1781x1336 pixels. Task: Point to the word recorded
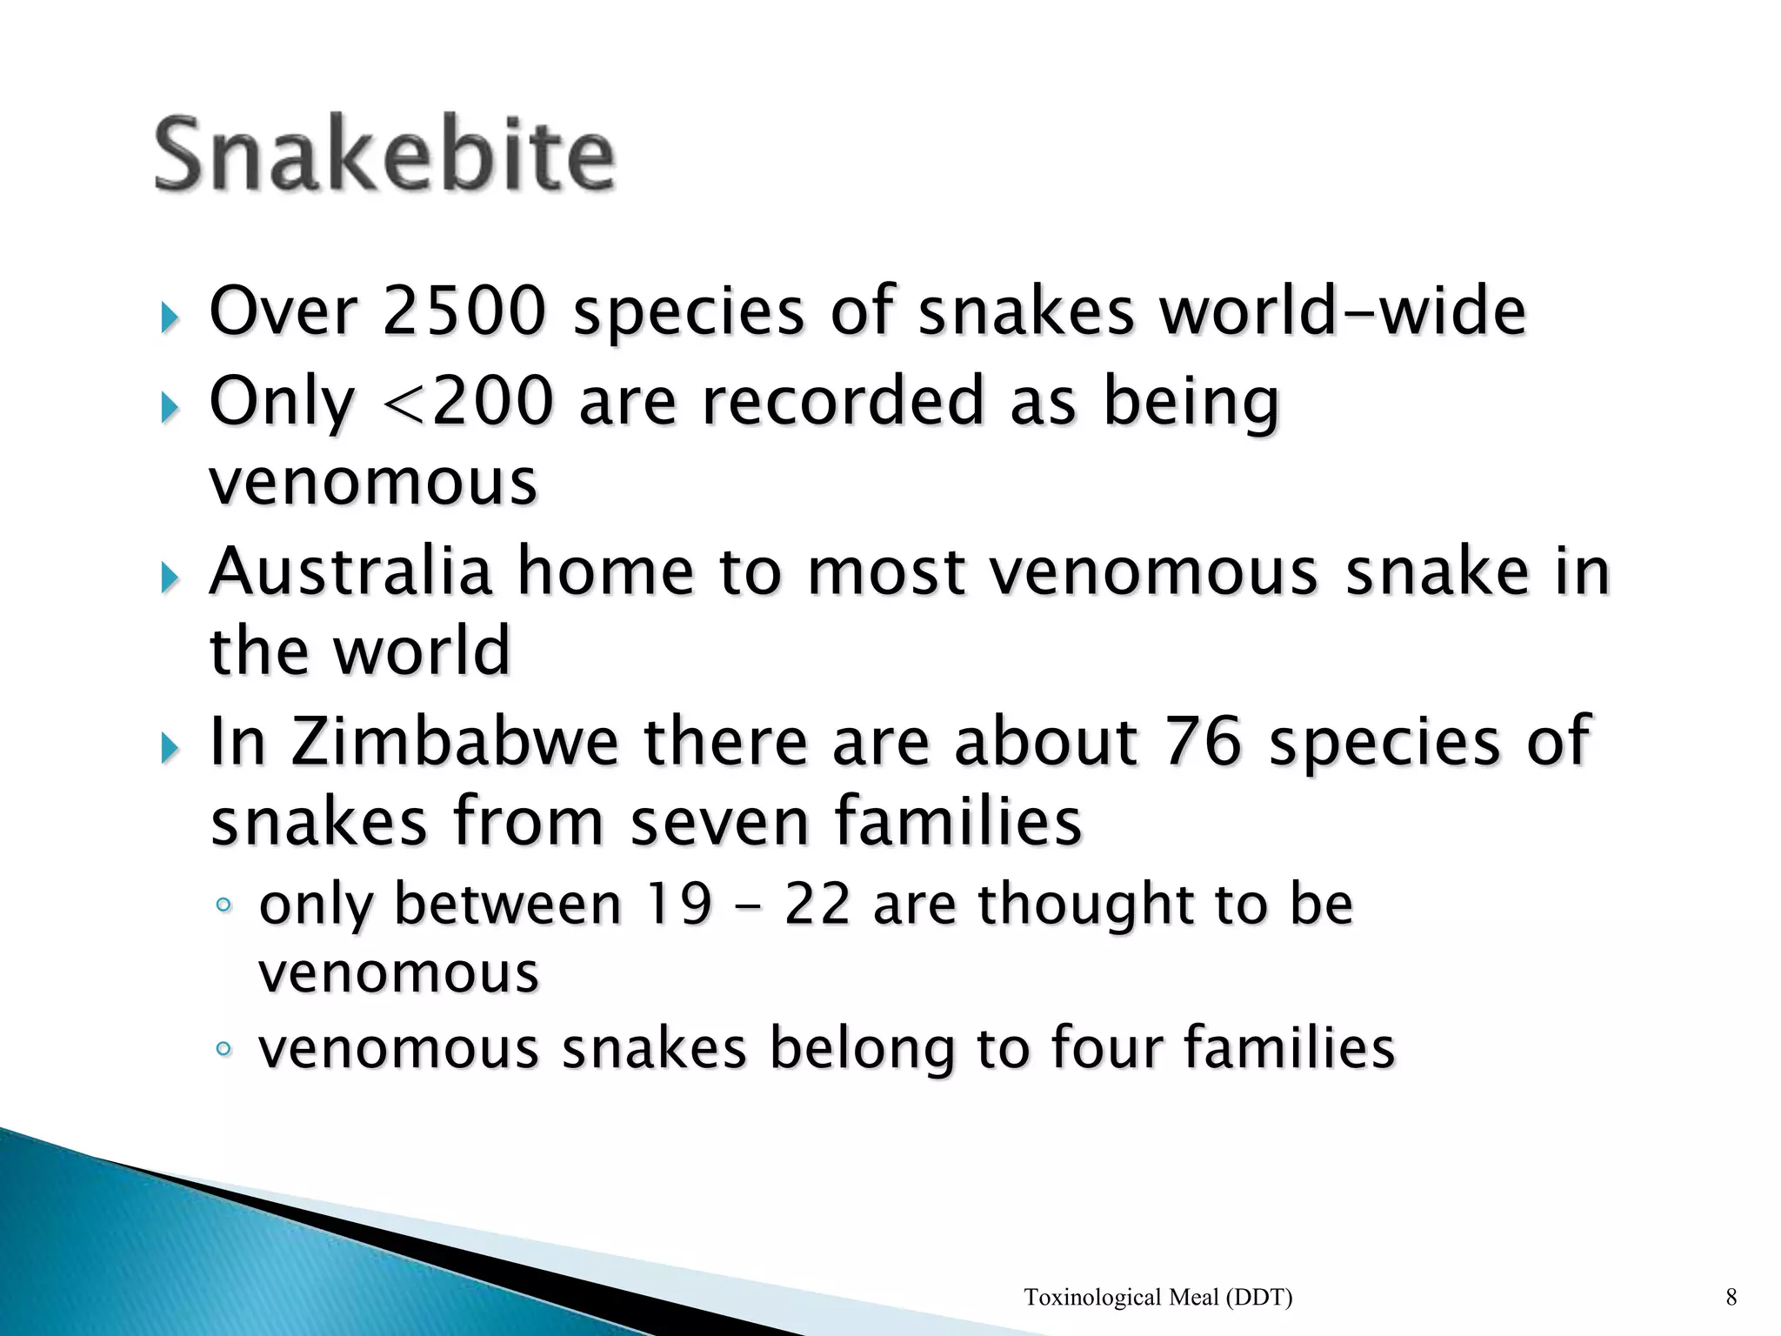[842, 402]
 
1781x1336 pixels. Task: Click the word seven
[718, 822]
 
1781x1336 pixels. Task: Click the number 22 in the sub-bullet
[817, 905]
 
